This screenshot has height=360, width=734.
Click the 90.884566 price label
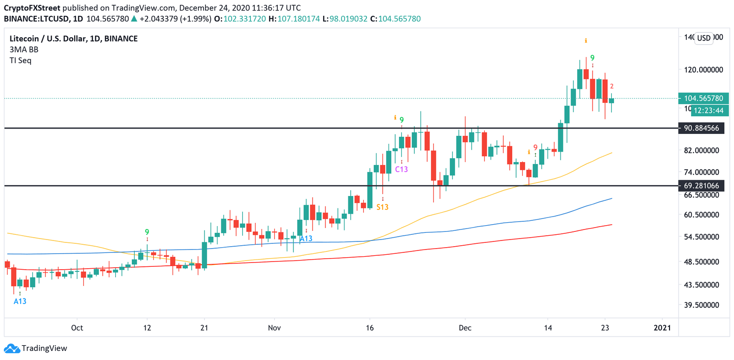coord(702,128)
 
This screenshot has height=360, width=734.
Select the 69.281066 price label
coord(702,185)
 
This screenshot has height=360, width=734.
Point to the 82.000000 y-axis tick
coord(702,150)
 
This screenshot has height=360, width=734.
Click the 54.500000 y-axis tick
coord(702,237)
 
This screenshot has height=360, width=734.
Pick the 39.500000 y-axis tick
coord(702,305)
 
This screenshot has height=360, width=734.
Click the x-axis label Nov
coord(274,327)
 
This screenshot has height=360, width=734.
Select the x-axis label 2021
coord(662,327)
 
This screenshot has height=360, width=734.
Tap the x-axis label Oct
coord(76,327)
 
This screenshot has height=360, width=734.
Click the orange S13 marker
coord(382,207)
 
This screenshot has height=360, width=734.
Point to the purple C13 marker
coord(401,169)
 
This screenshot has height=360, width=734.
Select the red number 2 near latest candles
coord(612,87)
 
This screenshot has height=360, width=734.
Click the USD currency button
coord(703,38)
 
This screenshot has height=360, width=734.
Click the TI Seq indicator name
coord(21,61)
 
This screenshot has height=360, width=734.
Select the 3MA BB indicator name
coord(24,50)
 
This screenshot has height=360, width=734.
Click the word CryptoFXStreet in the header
coord(32,8)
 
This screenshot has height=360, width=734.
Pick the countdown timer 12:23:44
coord(709,110)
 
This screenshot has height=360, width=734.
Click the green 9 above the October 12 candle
coord(147,232)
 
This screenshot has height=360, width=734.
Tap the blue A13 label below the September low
coord(20,301)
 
